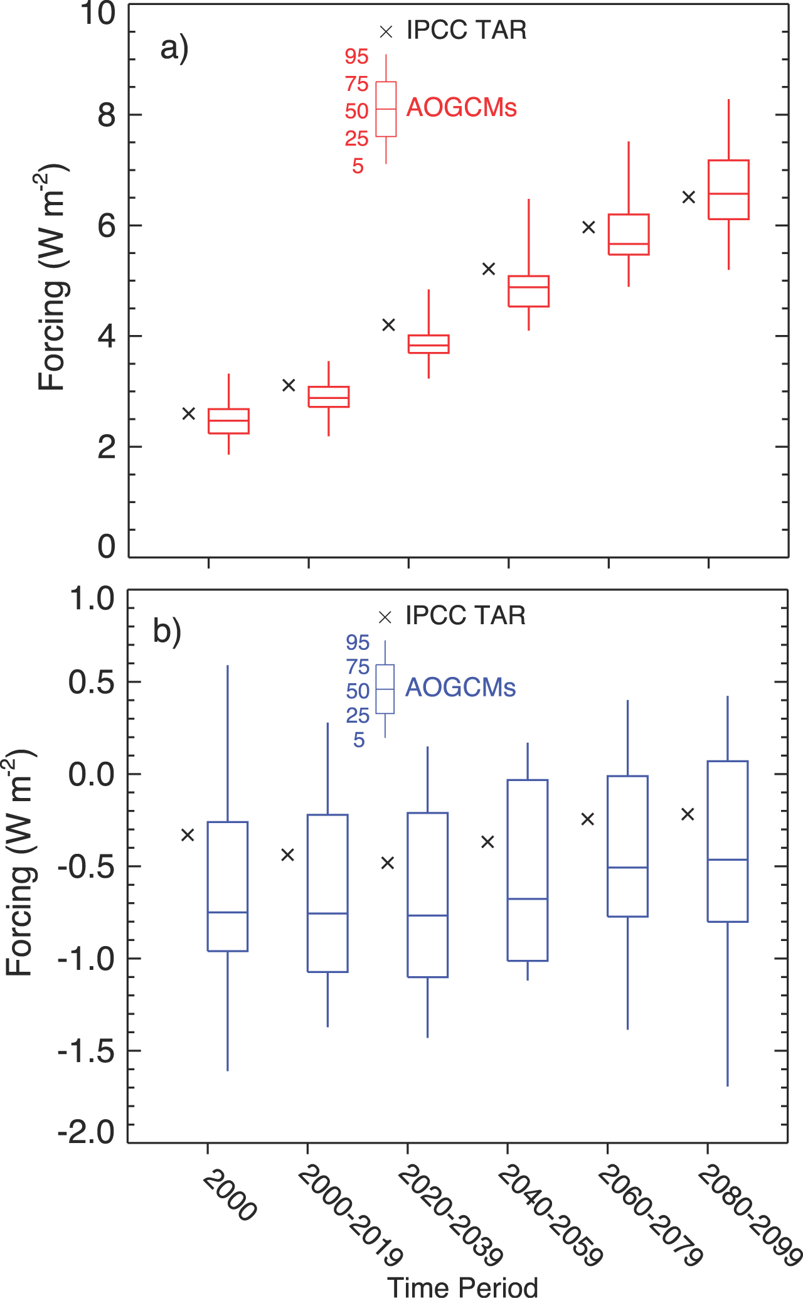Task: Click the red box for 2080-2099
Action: point(728,189)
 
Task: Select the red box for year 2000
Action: point(228,421)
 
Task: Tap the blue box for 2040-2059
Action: point(528,870)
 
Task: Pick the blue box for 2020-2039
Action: point(428,895)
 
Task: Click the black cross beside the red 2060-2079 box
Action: point(588,227)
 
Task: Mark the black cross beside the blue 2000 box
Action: point(188,835)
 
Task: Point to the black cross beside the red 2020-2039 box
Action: point(389,325)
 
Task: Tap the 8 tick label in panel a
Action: point(107,115)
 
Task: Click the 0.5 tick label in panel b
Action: point(92,683)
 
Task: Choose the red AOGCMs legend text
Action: point(462,108)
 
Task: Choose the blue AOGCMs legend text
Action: point(460,688)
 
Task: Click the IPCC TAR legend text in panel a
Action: point(466,30)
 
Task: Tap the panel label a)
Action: point(174,48)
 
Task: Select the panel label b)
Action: point(167,631)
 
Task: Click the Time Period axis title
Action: point(463,1286)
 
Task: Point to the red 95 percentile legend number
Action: point(356,57)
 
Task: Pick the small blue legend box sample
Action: point(385,689)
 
